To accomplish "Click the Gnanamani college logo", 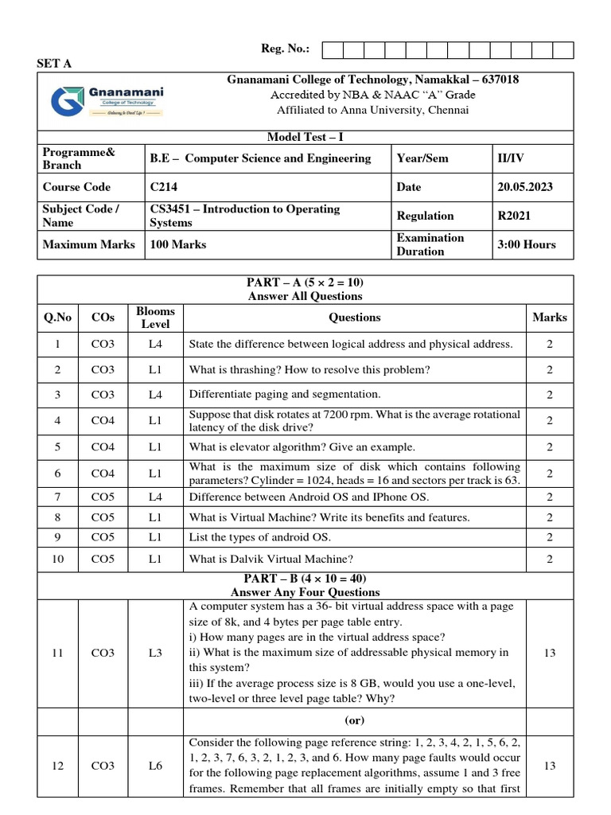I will coord(106,101).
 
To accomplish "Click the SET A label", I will coord(54,64).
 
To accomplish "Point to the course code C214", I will coord(164,187).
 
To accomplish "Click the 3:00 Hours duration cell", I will coord(526,244).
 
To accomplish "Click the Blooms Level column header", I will coord(155,317).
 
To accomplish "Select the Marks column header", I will coord(550,317).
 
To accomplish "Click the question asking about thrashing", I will coord(309,369).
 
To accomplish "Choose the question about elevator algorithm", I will coord(302,447).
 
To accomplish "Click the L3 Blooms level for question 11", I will coord(155,653).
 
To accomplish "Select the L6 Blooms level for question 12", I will coord(155,766).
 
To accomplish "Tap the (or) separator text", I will coord(354,719).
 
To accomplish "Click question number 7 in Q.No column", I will coord(57,497).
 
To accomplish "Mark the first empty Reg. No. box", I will coord(332,50).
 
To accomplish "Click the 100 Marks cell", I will coord(178,244).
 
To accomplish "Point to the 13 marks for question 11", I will coord(550,653).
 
